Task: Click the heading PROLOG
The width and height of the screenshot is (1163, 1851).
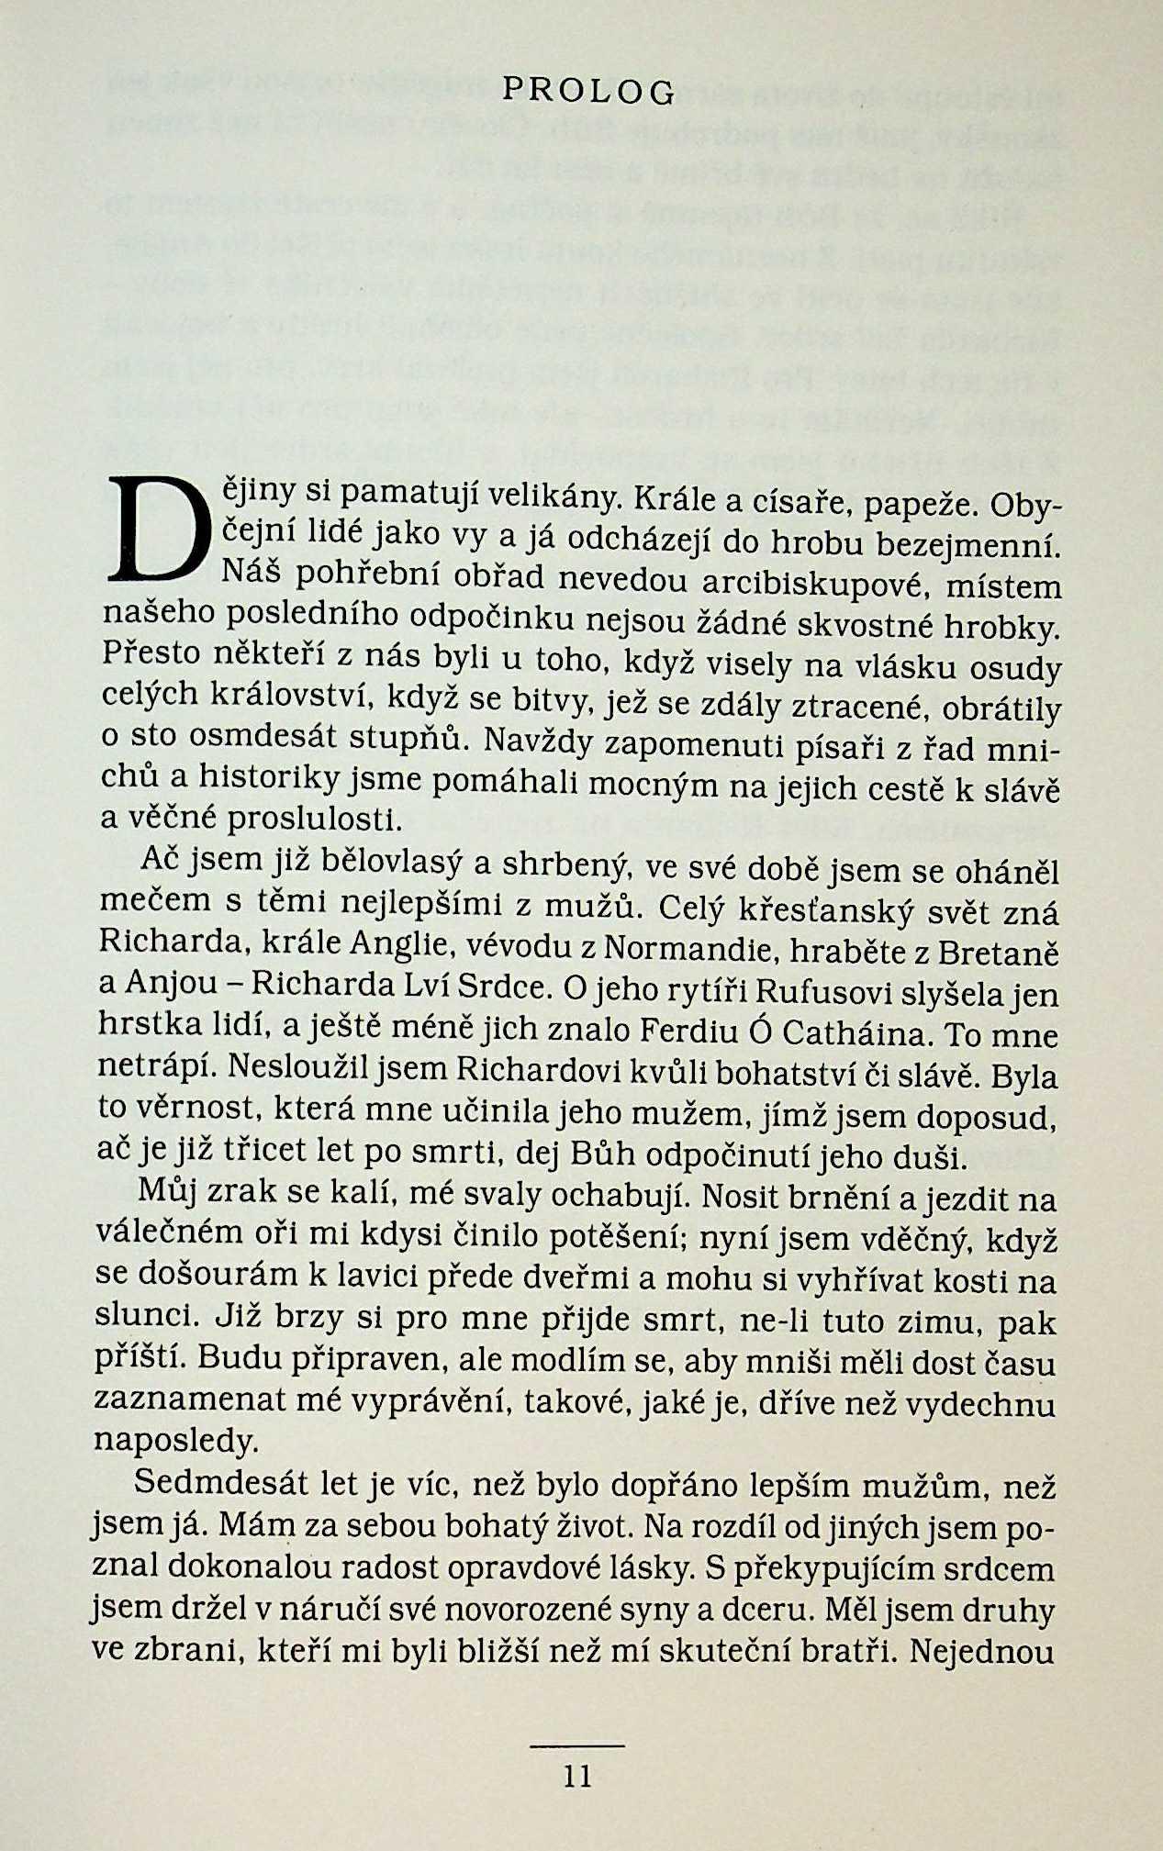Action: (x=588, y=91)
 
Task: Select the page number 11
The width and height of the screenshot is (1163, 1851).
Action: (x=577, y=1778)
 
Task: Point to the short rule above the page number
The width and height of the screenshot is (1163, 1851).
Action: (x=577, y=1745)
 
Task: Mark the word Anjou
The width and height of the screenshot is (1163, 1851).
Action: (x=167, y=985)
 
